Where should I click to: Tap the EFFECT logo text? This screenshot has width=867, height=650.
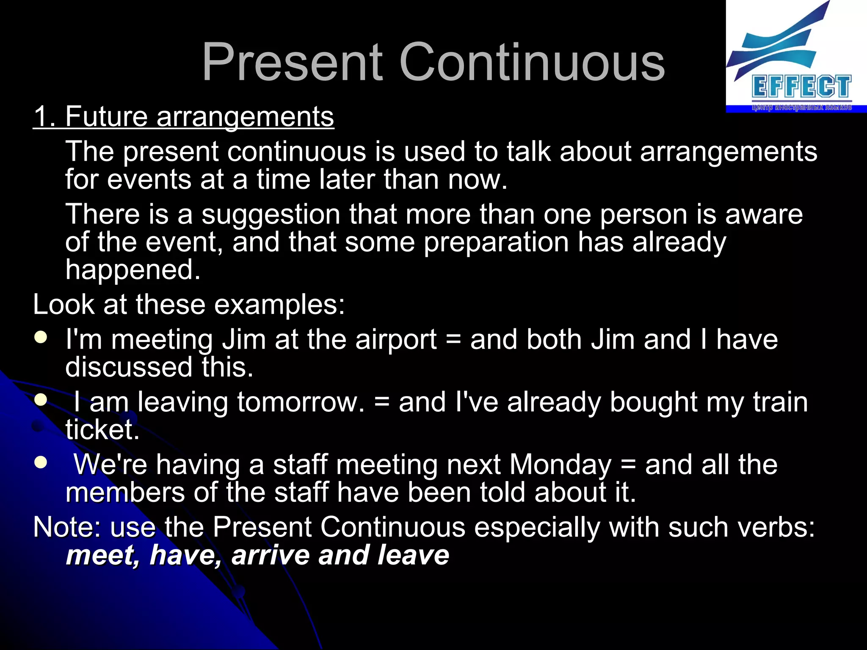click(801, 87)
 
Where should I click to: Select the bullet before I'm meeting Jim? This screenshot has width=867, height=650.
click(41, 338)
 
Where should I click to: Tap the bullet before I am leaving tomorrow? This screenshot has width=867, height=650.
click(41, 400)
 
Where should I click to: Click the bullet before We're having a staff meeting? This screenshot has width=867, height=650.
click(41, 463)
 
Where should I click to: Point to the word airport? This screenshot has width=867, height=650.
click(396, 340)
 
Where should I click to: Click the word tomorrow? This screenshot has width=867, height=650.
click(300, 402)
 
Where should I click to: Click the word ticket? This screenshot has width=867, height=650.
click(102, 430)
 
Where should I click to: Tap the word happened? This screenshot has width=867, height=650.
click(133, 270)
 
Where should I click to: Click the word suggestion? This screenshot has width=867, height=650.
click(271, 214)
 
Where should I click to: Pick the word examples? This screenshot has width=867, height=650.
click(280, 305)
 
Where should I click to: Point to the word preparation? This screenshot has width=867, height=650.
click(496, 242)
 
